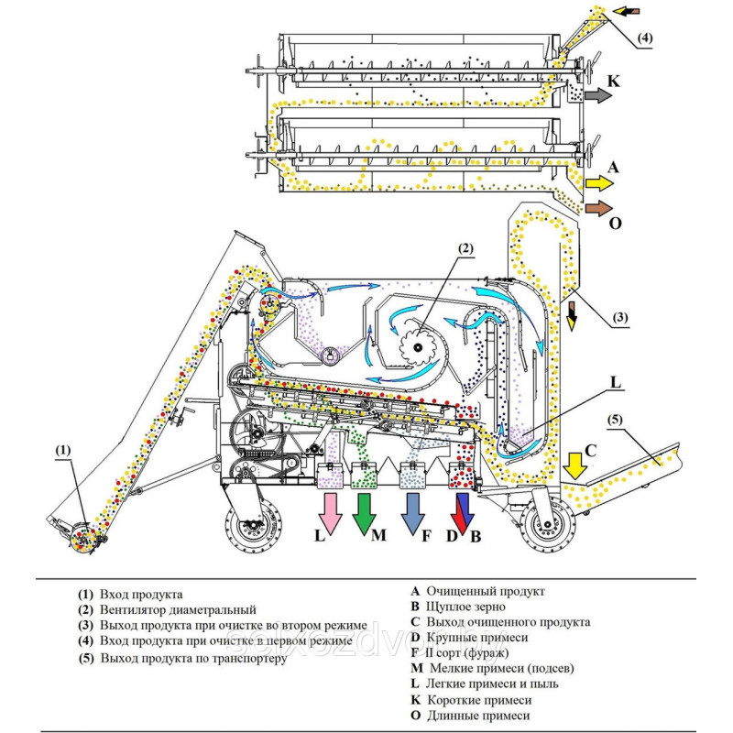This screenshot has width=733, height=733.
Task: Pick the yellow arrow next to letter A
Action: point(598,181)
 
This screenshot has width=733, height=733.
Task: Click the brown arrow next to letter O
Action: point(598,208)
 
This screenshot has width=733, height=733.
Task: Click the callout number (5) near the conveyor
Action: point(615,421)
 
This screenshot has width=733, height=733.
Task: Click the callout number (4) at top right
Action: point(646,38)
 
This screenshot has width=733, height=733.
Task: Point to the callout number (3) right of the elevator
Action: point(620,318)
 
